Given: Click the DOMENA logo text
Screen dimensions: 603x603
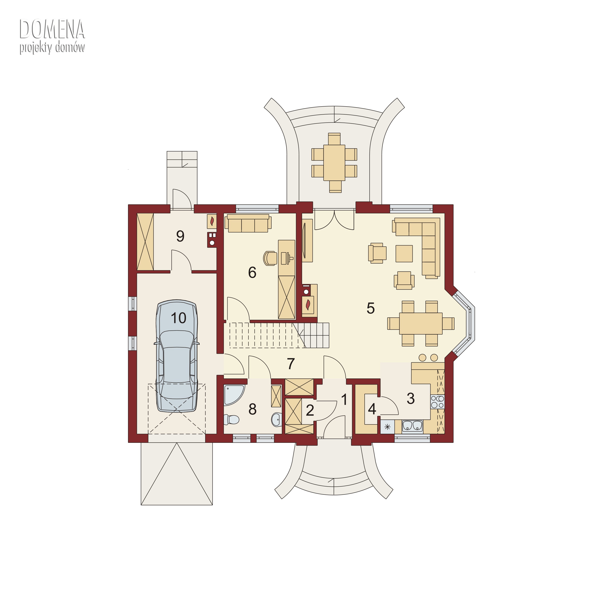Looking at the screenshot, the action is point(52,29).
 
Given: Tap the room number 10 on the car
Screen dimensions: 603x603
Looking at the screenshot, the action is point(178,318).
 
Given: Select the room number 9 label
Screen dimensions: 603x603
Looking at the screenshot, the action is point(180,236).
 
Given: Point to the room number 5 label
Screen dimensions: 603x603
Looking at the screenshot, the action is point(370,308).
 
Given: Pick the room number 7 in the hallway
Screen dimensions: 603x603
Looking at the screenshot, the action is point(291,364).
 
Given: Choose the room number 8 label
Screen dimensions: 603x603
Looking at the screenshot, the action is point(252,409).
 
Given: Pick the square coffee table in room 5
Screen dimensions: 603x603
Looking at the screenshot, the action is point(404,254).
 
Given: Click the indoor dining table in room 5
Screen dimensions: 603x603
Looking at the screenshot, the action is point(421,323).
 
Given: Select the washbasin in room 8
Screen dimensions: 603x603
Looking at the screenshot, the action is point(276,420).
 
